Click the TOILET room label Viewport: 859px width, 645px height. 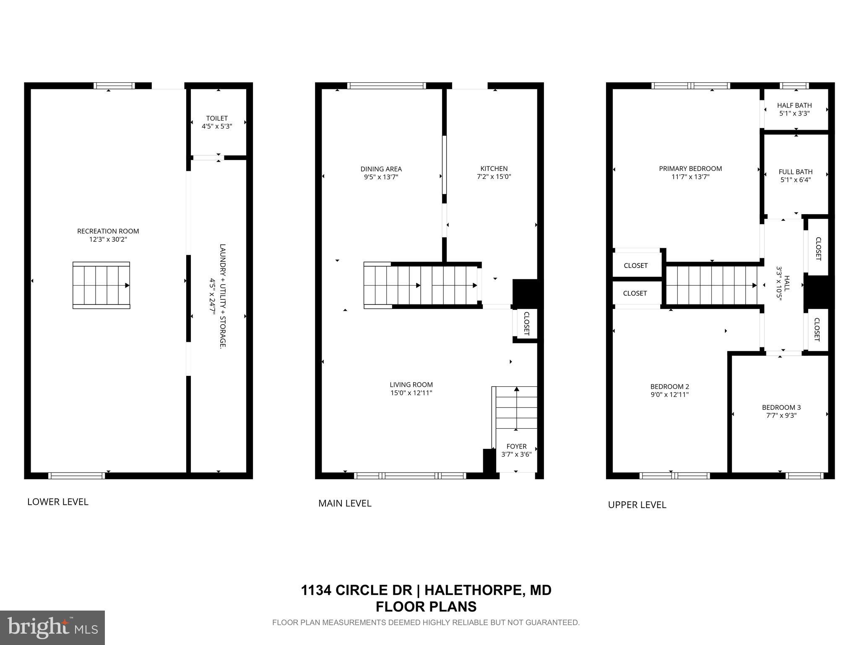(217, 118)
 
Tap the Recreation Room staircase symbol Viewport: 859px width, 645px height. (102, 285)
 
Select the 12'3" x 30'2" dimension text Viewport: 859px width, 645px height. (108, 239)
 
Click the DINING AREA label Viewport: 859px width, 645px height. (381, 169)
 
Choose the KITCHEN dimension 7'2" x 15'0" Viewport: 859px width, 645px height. (494, 177)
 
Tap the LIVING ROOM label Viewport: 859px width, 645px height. (411, 384)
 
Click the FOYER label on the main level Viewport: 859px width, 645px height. (516, 446)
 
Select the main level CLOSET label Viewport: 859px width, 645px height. (527, 323)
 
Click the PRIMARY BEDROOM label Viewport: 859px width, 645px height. (690, 168)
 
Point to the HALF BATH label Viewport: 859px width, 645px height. (794, 105)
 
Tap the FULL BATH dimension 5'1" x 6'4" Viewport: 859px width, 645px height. (795, 180)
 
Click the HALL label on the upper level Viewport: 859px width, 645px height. (787, 284)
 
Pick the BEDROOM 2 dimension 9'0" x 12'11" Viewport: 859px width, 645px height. (669, 395)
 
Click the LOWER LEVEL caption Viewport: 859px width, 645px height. (58, 502)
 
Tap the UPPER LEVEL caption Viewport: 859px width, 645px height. (637, 505)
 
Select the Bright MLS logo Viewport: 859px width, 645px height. (52, 627)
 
